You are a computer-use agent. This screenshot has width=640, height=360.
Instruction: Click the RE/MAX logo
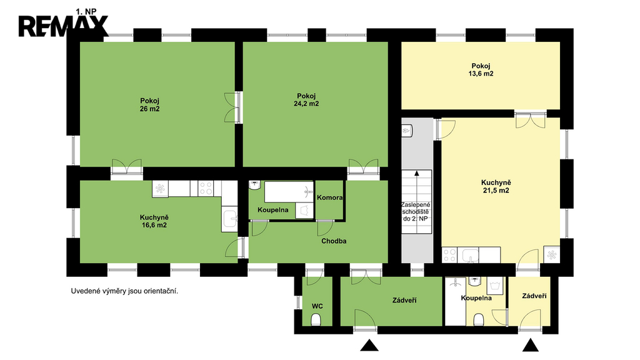coord(63,26)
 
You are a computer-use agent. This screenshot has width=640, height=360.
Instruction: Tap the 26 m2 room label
coord(149,105)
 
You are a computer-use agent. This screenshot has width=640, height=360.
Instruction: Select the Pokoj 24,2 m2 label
coord(306,100)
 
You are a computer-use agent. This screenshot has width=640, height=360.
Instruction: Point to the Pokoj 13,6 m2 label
coord(481,70)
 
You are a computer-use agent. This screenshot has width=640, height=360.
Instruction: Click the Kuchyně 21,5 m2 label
coord(496,186)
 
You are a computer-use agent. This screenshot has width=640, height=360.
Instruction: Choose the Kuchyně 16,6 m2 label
coord(154,221)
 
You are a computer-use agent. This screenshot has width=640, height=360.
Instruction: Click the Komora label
coord(330,197)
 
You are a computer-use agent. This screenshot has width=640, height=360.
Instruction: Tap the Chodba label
coord(334,241)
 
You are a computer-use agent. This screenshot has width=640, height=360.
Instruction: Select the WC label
coord(317,306)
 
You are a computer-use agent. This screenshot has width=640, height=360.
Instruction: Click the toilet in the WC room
coord(316,319)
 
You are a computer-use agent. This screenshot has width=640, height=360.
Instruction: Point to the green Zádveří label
coord(404,301)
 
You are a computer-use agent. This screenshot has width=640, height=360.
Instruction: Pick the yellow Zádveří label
coord(534,296)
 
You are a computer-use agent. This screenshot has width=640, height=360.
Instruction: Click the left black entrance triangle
coord(369,345)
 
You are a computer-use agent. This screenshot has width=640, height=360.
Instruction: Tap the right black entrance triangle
coord(531,345)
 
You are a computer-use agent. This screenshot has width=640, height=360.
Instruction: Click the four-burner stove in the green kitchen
coord(206,189)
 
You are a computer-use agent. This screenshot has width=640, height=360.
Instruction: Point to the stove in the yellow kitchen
coord(449,255)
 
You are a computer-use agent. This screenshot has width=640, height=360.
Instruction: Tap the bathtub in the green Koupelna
coord(289,192)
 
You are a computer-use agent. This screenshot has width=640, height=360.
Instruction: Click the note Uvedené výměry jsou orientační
coord(124,291)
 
